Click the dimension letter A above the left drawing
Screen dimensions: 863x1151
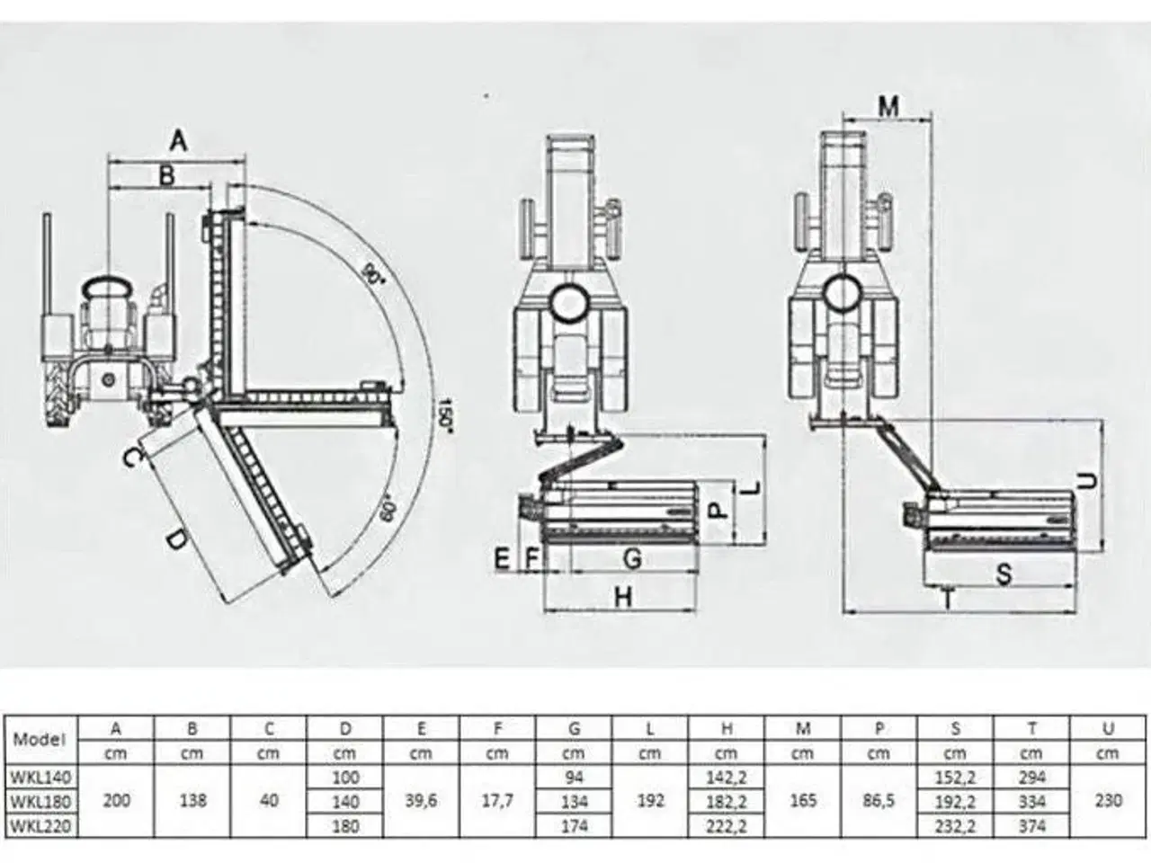coord(178,141)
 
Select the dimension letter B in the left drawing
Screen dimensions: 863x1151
coord(166,175)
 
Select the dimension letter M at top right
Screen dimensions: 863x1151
coord(888,107)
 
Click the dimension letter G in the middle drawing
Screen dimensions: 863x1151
coord(632,559)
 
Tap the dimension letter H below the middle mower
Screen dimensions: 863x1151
coord(623,597)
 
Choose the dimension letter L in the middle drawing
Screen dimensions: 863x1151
coord(754,488)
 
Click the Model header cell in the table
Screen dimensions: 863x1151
coord(40,740)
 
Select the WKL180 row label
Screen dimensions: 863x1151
coord(40,801)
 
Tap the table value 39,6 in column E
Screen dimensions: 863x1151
coord(421,800)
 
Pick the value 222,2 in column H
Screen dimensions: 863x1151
coord(727,824)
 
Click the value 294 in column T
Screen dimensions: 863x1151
coord(1031,777)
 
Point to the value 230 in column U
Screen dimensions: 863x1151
coord(1108,800)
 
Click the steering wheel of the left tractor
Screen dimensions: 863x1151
coord(107,289)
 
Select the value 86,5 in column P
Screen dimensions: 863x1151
coord(879,800)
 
